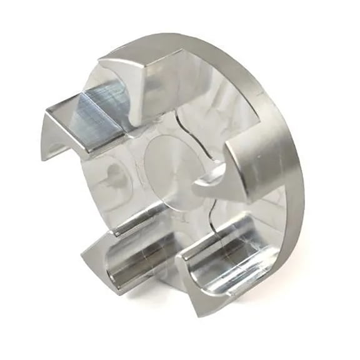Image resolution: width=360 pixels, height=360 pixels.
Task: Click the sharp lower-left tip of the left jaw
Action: pos(45,156)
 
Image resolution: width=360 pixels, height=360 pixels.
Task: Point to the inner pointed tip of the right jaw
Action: pos(199,181)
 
